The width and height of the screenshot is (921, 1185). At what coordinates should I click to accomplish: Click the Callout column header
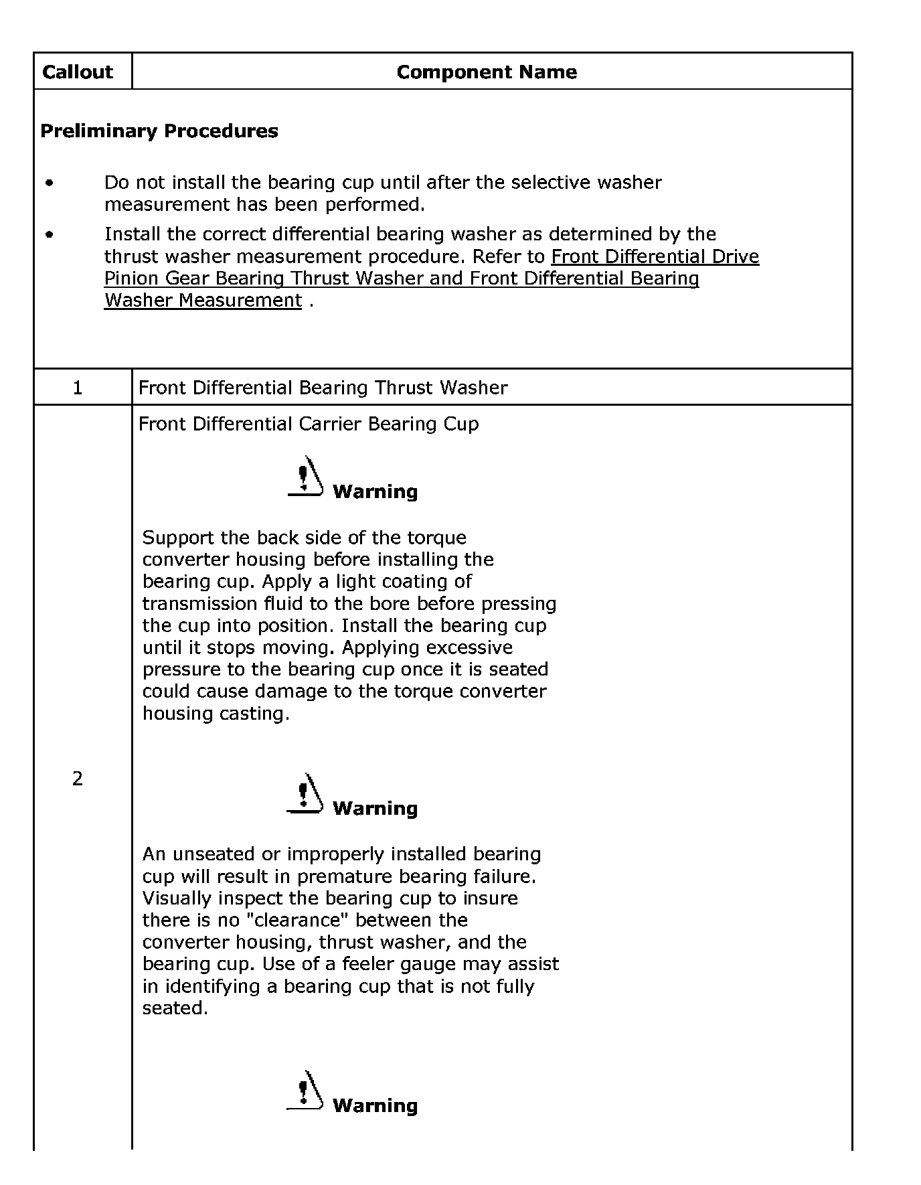pos(78,72)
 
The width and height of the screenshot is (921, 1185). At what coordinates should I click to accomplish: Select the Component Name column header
pos(487,72)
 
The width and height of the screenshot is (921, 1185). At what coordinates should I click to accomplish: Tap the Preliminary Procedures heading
pos(159,131)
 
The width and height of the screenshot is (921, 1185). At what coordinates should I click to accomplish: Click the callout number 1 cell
pos(78,388)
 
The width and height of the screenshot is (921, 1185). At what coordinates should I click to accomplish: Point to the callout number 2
pos(78,778)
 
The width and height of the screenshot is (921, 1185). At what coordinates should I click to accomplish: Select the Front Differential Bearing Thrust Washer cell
pos(323,388)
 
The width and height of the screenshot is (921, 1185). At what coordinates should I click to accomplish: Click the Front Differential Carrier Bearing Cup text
pos(309,424)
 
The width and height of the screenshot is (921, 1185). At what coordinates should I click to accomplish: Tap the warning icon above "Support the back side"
pos(305,476)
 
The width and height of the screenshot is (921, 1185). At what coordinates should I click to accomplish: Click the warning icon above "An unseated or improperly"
pos(305,793)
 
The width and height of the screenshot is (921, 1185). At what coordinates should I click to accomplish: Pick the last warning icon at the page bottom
pos(305,1091)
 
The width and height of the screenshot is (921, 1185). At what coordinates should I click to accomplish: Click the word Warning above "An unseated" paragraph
pos(375,808)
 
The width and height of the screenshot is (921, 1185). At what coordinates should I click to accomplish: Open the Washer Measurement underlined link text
pos(203,301)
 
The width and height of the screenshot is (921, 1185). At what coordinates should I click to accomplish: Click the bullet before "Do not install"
pos(50,183)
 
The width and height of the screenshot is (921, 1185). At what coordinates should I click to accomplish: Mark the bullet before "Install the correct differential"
pos(50,234)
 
